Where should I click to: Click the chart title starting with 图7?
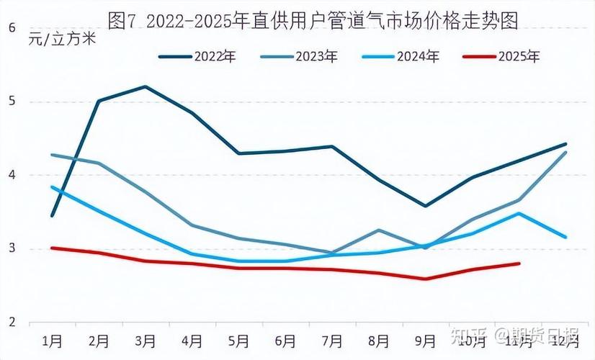pos(313,19)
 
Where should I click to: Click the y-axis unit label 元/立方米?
pos(62,39)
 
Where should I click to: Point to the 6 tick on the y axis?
pos(12,28)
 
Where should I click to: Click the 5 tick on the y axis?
pos(12,102)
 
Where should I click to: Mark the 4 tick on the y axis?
pos(12,175)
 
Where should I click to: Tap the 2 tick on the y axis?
pos(12,322)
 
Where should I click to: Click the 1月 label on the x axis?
pos(52,340)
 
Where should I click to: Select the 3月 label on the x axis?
pos(146,340)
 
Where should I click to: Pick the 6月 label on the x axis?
pos(285,340)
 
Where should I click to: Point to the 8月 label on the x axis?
pos(379,340)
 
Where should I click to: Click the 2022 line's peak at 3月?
pos(146,86)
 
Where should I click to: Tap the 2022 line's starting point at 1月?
pos(52,215)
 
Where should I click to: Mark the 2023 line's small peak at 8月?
pos(379,230)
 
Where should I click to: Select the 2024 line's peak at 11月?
pos(519,213)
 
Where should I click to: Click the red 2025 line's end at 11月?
pos(519,264)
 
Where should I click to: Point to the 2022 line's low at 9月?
pos(426,206)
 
